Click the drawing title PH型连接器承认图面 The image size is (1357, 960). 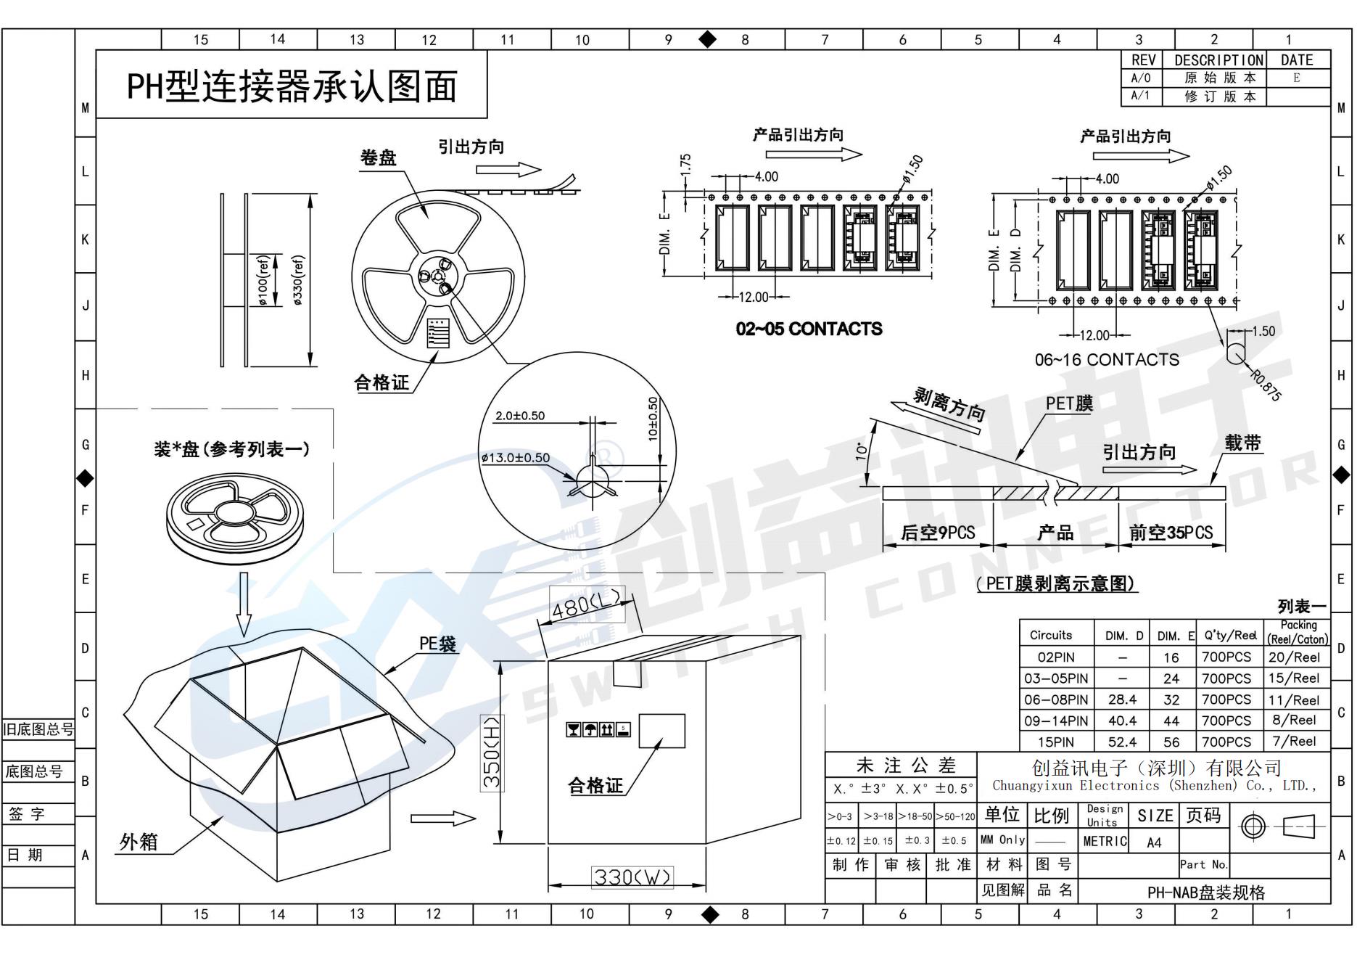[x=292, y=86]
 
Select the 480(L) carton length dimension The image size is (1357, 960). [x=586, y=604]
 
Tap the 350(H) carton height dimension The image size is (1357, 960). [x=492, y=752]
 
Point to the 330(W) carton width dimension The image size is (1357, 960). [x=632, y=877]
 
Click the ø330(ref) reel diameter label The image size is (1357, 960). [x=299, y=280]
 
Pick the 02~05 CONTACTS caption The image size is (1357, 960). [x=809, y=329]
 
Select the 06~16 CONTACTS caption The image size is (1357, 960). [x=1107, y=360]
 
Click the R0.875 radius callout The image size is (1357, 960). [x=1266, y=385]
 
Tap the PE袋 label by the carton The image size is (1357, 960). [x=437, y=644]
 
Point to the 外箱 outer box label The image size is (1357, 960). [x=139, y=842]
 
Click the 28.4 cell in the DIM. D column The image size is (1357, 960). [x=1121, y=700]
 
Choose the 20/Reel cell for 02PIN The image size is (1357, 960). [x=1294, y=657]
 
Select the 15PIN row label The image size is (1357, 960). [x=1055, y=742]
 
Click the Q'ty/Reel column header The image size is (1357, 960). [x=1229, y=636]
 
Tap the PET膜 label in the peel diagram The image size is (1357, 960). [x=1068, y=404]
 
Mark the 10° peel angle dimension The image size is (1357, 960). [x=862, y=451]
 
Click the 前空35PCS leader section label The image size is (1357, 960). [x=1171, y=533]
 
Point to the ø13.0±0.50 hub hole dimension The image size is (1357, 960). [x=515, y=458]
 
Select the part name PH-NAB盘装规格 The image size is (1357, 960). [x=1205, y=893]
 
